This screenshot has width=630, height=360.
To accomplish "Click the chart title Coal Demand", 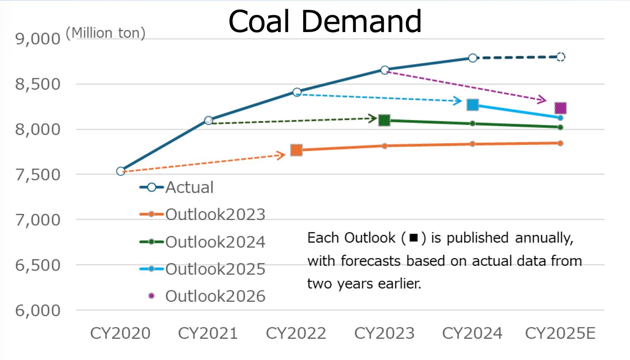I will point(325,21).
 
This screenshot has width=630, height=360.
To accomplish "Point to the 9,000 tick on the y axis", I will point(38,39).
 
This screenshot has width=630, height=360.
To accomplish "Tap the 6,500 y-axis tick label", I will point(38,265).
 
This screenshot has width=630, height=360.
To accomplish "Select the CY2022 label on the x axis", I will point(296,333).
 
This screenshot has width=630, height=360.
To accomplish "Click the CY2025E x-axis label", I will point(560,333).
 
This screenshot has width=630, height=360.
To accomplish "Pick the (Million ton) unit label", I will point(106,33).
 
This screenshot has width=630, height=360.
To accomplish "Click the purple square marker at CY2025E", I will point(561,108).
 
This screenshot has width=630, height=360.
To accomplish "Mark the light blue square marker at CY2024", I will point(472,105).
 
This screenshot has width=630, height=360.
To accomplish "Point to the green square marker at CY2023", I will point(384,120).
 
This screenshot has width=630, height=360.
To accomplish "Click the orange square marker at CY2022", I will point(296,150).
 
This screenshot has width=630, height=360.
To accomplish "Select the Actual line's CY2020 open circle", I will point(120,171).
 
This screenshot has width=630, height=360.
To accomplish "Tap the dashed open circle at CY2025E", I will point(561,57).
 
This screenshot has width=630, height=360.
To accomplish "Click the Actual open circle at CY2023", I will point(384,70).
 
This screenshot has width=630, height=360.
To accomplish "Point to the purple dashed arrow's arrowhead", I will point(543,99).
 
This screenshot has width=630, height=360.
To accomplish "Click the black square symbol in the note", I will point(414,238).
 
